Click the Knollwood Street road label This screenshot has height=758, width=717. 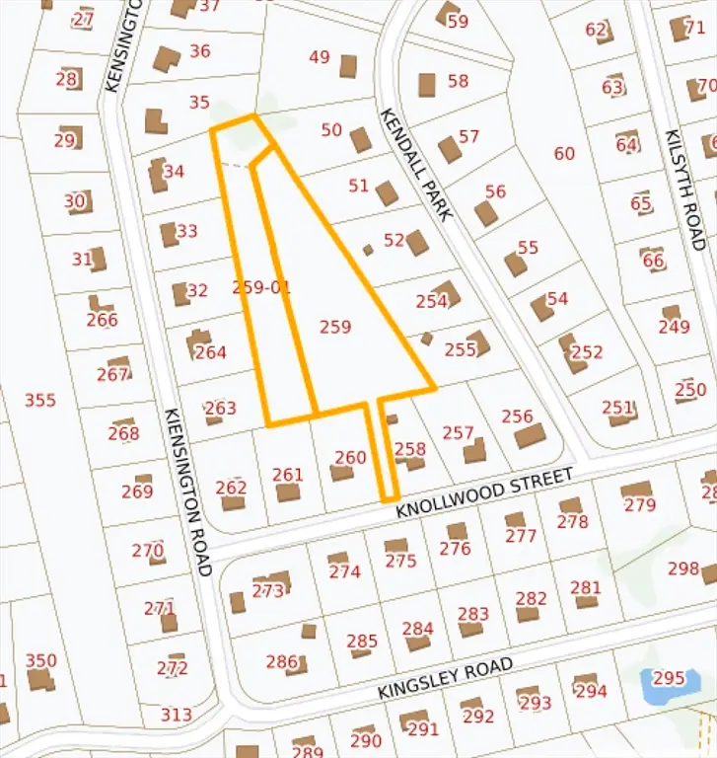coord(484,494)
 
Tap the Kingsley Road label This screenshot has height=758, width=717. coord(445,680)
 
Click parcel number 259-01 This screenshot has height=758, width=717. coord(261,287)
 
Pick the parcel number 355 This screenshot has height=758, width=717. coord(40,400)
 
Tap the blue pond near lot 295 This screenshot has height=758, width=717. coord(659,685)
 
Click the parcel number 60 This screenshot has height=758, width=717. coord(564,153)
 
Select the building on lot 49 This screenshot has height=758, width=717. coord(348,66)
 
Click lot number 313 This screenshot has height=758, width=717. coord(177,715)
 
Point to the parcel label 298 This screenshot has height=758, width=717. coord(682,568)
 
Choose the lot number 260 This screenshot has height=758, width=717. coord(350,457)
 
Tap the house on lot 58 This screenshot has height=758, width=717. coord(427,85)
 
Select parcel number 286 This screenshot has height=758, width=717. coord(281,661)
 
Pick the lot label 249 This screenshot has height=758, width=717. coord(675,327)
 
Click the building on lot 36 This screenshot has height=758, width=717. coord(166,59)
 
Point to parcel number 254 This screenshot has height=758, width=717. coord(432,302)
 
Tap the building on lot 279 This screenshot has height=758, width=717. coord(636,491)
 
